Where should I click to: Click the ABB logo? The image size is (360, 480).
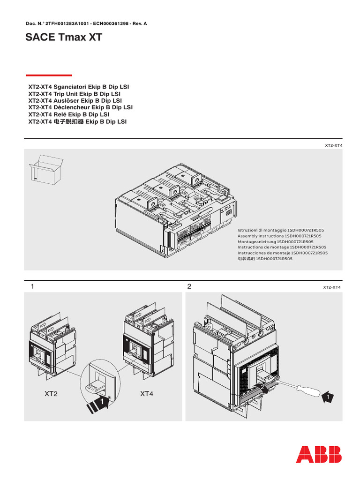click(x=319, y=454)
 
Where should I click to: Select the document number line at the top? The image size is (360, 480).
click(x=86, y=23)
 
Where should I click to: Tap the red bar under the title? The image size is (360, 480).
click(x=49, y=75)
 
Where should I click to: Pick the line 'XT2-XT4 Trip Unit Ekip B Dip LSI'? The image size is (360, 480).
click(x=75, y=94)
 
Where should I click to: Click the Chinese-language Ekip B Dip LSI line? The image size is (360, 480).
click(x=78, y=121)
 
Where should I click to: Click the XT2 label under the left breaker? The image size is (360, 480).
click(x=51, y=394)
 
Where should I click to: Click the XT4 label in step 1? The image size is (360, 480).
click(x=147, y=394)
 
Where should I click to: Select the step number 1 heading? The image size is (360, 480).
click(x=32, y=286)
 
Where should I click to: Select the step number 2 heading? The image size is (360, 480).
click(x=189, y=286)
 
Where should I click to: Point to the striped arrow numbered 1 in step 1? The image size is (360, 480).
click(x=97, y=402)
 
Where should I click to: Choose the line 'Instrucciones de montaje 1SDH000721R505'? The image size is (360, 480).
click(x=282, y=253)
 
